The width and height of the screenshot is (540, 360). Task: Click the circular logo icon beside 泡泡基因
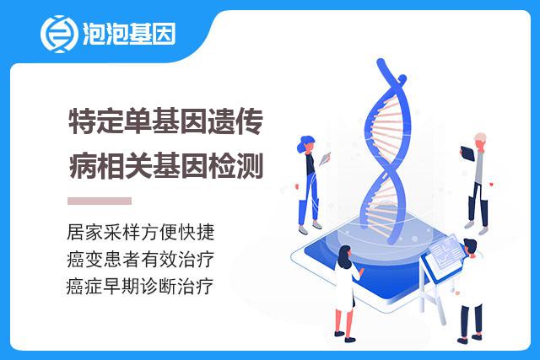tap(58, 34)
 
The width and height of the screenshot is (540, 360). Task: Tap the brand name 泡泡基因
tap(129, 34)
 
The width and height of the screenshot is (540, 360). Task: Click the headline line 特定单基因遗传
tap(166, 121)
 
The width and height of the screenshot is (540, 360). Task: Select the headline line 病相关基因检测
tap(166, 166)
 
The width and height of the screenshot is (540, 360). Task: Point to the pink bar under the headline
tap(100, 201)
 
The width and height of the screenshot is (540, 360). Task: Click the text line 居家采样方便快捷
tap(141, 233)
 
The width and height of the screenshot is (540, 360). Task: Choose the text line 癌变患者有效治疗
tap(141, 259)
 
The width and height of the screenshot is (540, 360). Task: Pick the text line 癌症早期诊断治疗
tap(140, 286)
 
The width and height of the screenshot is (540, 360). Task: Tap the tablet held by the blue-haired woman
tap(324, 158)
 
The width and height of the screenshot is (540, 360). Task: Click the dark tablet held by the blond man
tap(467, 153)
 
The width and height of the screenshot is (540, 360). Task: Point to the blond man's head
tap(480, 140)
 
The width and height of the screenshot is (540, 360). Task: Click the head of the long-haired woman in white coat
tap(344, 255)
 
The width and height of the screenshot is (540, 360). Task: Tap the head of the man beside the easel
tap(470, 247)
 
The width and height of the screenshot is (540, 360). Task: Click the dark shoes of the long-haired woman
tap(345, 336)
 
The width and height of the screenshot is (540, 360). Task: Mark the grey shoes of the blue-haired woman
tap(310, 228)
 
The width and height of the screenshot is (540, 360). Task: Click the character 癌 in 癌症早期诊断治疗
tap(75, 287)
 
